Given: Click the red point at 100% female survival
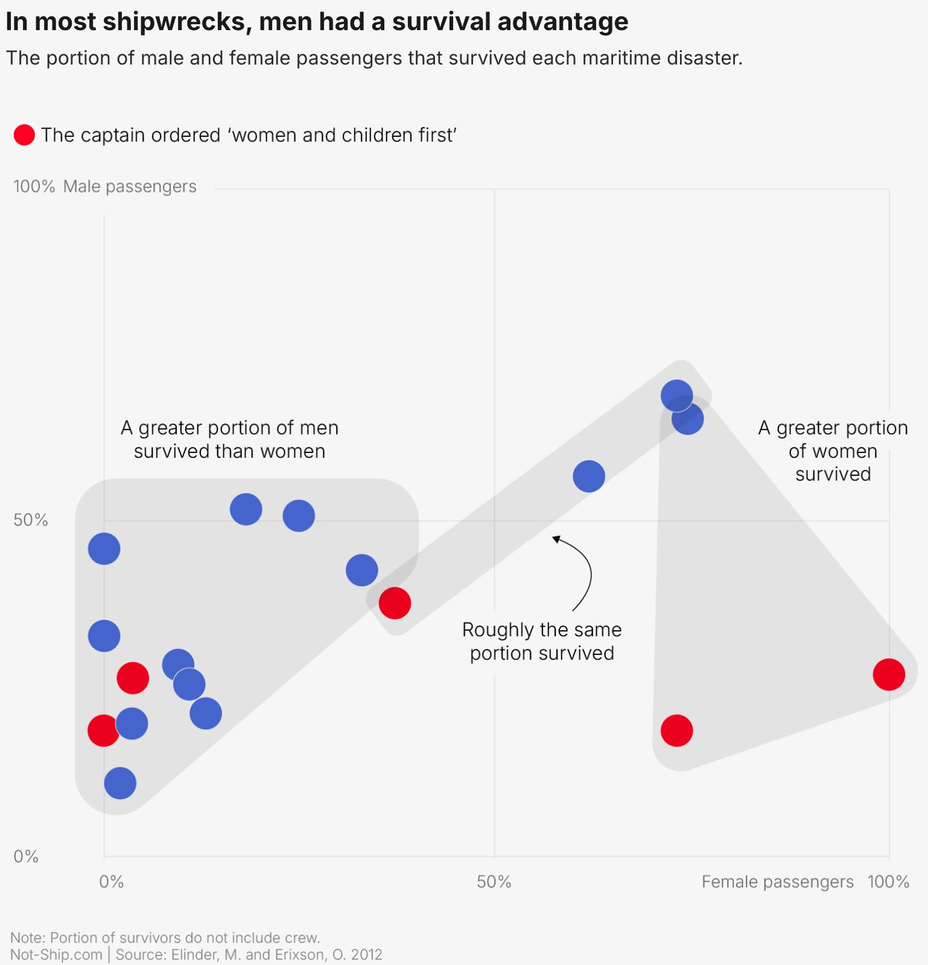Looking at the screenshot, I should click(888, 674).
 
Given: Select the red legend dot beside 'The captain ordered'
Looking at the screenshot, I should click(24, 135).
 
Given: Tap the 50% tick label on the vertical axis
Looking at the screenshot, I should click(30, 520).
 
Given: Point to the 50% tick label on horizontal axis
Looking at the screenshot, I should click(494, 882).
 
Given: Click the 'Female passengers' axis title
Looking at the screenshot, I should click(777, 882).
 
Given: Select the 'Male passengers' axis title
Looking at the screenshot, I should click(130, 186).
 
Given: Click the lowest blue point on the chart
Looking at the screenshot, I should click(120, 783).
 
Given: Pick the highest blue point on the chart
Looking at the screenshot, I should click(676, 396).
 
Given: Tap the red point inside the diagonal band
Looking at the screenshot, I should click(395, 603).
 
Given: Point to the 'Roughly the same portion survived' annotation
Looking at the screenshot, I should click(541, 641).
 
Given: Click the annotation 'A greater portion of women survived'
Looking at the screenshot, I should click(833, 451).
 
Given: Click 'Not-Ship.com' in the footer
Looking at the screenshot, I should click(56, 955).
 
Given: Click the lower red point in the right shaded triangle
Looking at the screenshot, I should click(676, 730).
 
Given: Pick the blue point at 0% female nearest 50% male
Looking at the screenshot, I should click(104, 549).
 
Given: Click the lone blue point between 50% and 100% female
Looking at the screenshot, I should click(588, 476).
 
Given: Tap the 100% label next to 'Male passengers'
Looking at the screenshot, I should click(34, 186).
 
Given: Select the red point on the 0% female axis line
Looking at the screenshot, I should click(103, 730).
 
